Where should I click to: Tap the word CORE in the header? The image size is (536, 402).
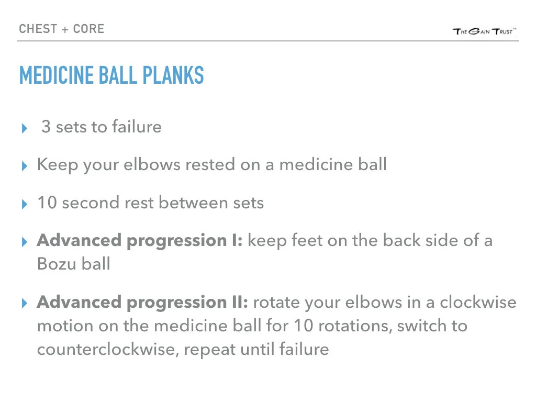pyautogui.click(x=89, y=28)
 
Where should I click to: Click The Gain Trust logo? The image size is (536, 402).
pyautogui.click(x=485, y=31)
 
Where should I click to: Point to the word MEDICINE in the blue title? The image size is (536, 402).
pyautogui.click(x=55, y=76)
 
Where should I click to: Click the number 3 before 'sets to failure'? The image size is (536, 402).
pyautogui.click(x=46, y=127)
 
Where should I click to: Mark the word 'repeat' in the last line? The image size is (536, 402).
pyautogui.click(x=213, y=349)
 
